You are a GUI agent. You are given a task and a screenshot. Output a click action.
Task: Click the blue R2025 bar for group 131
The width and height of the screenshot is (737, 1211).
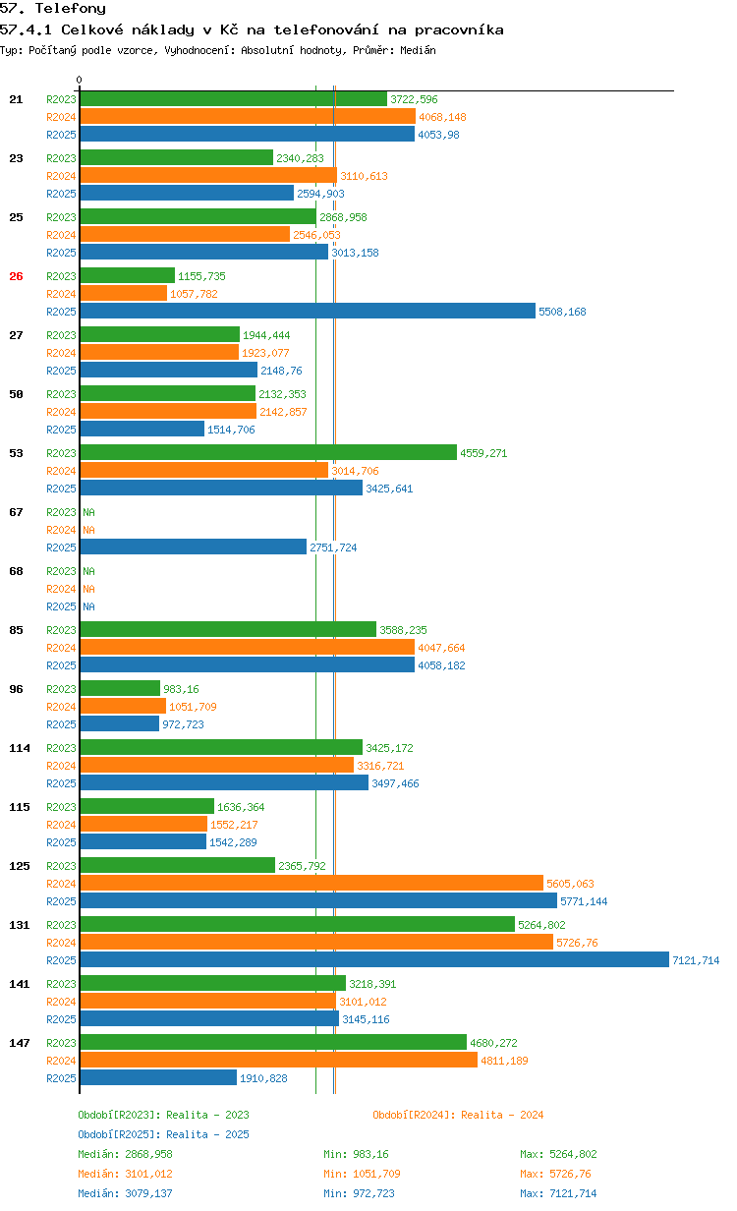[x=373, y=960]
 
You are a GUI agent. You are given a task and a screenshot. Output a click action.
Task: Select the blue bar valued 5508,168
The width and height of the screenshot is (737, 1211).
[x=308, y=312]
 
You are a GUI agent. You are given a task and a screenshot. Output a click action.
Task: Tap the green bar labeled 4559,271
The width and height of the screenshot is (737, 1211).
[x=268, y=453]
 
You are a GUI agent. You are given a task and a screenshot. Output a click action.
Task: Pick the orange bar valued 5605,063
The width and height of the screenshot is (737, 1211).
[x=312, y=884]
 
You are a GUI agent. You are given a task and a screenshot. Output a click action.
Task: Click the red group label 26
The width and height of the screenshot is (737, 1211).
[x=16, y=276]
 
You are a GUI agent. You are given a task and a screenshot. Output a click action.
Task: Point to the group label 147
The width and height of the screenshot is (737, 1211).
[x=20, y=1043]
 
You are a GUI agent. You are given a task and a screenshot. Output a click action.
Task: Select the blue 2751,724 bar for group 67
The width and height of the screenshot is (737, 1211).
[x=194, y=548]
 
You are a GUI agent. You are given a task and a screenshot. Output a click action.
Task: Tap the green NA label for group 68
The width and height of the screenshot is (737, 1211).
[x=88, y=571]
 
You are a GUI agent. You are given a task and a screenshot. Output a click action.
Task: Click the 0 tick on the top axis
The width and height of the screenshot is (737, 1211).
[x=80, y=80]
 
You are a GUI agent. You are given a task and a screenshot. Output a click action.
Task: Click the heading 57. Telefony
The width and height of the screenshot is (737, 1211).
[x=53, y=9]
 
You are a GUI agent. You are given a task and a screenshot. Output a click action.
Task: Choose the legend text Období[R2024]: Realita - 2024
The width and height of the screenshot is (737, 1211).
[x=458, y=1115]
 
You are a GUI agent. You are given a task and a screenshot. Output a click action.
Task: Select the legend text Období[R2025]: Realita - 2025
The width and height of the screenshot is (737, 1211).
[x=163, y=1134]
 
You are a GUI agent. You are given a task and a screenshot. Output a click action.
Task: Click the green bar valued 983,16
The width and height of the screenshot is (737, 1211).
[x=120, y=689]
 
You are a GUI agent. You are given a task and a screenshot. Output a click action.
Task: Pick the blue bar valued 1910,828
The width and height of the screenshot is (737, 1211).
[x=158, y=1078]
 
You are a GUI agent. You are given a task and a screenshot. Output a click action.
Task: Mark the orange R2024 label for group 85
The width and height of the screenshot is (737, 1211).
[x=61, y=648]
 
